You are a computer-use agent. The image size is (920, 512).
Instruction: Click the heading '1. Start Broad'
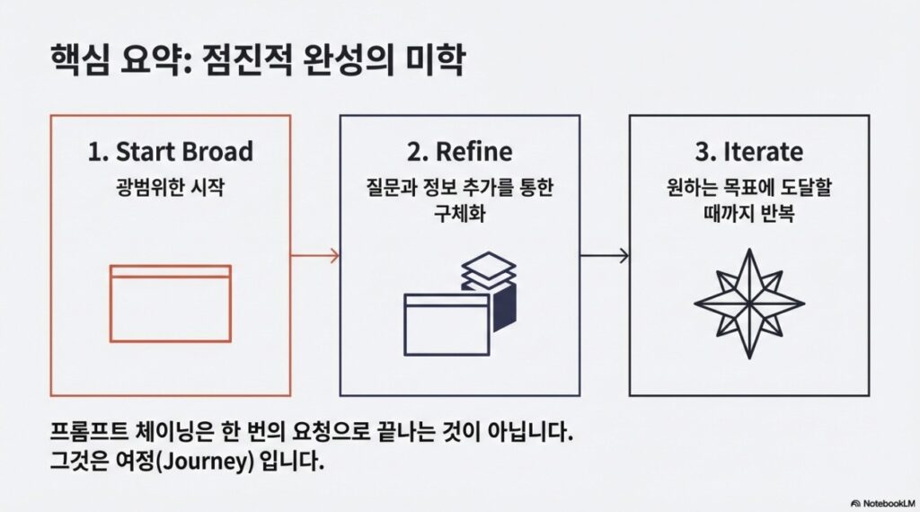[170, 152]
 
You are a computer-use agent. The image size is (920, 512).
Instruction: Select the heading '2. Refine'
[459, 152]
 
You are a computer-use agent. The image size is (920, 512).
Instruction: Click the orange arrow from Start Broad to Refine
[315, 256]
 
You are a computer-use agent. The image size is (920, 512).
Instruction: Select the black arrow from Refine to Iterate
[605, 256]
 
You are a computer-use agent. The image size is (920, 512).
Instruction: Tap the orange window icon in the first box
[170, 303]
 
